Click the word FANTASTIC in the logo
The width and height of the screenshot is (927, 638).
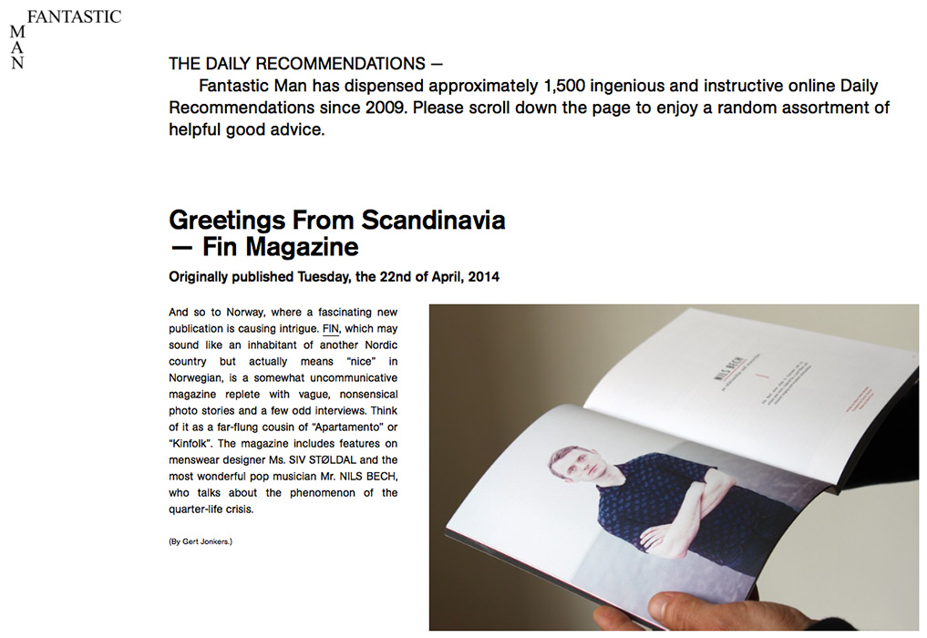(x=74, y=16)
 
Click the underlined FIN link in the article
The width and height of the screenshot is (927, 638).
(x=331, y=328)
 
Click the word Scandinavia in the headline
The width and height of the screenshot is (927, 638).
(x=433, y=221)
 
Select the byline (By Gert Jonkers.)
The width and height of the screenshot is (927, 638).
(x=201, y=541)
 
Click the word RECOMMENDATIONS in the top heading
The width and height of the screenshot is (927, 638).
(x=341, y=65)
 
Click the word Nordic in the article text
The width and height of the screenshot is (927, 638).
(x=380, y=345)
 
